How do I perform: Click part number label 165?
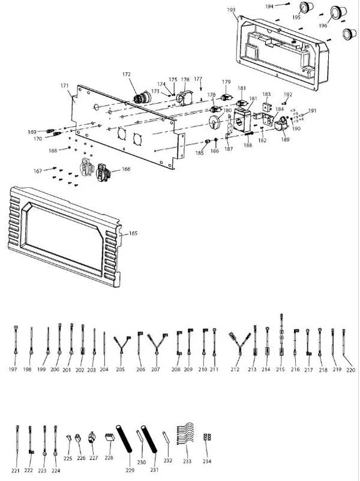coord(133,233)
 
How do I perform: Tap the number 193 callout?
coord(231,10)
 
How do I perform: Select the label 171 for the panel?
coord(64,86)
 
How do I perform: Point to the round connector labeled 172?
coord(142,98)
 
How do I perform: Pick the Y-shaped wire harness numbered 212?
coord(239,343)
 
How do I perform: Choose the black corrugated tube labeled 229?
coord(124,438)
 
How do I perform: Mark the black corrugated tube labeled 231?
coord(149,439)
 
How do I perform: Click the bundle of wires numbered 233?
coord(185,434)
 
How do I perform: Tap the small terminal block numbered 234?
coord(207,437)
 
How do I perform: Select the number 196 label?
coord(323,26)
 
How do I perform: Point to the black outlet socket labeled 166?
coord(103,173)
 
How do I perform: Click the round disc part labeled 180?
coord(215,122)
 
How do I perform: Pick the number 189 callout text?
coord(285,140)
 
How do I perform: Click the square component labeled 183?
coord(267,107)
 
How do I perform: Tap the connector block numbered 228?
coord(110,437)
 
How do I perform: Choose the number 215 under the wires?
coord(280,369)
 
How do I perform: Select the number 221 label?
coord(16,471)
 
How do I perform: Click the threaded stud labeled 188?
coord(249,134)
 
